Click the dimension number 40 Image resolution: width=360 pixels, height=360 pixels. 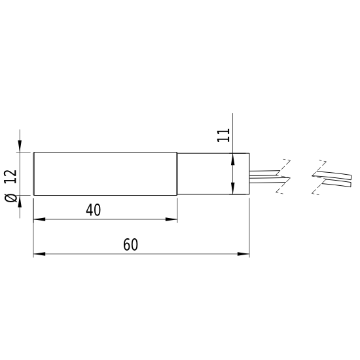93,210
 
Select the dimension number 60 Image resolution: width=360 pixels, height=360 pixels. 130,245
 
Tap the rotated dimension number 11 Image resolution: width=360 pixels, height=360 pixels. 223,135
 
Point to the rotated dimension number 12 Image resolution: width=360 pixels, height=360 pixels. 10,177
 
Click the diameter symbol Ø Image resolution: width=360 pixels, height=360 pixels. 10,198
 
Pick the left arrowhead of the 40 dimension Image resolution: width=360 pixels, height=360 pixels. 39,219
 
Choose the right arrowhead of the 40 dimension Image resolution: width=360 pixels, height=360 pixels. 171,219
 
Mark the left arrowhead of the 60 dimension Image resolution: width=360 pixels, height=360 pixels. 39,254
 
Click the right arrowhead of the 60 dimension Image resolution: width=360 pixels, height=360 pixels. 243,254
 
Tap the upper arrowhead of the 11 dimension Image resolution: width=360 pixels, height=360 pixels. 233,159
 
